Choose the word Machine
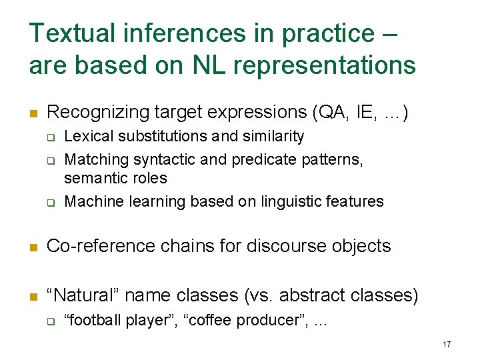pyautogui.click(x=93, y=201)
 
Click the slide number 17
pyautogui.click(x=446, y=345)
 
